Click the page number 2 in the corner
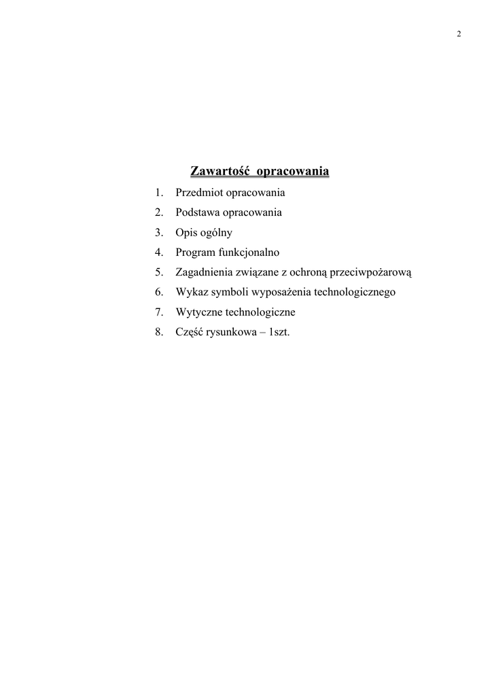(x=459, y=35)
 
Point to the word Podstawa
(x=197, y=212)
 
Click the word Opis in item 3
(x=186, y=233)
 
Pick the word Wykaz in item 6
(x=190, y=293)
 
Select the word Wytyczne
(x=196, y=312)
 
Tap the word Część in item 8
(x=189, y=333)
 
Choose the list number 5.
(x=159, y=272)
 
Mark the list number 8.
(x=159, y=333)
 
